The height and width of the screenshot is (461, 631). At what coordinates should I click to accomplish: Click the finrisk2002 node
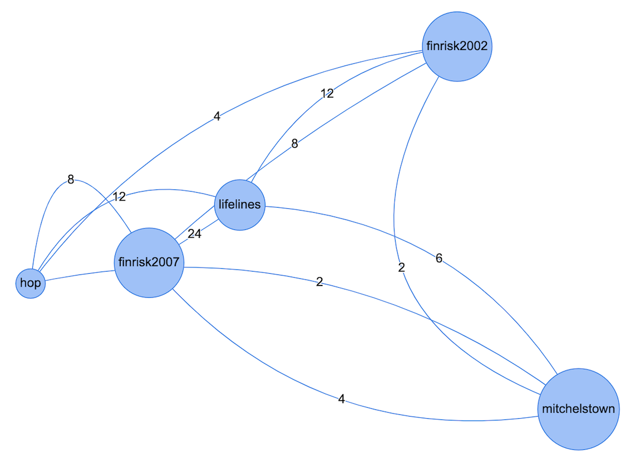coord(457,47)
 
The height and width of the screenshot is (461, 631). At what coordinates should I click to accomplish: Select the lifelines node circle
coord(239,204)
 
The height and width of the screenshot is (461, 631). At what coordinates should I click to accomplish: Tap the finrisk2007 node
coord(149,262)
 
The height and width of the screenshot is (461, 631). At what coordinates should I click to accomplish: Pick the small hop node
coord(31,283)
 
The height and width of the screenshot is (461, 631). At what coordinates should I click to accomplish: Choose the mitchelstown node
coord(578,409)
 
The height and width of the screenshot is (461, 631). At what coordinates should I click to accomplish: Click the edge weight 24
coord(194,234)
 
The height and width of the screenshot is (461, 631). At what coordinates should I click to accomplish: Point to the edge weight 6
coord(439,258)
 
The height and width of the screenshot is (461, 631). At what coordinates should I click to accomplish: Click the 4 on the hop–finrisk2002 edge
coord(216,117)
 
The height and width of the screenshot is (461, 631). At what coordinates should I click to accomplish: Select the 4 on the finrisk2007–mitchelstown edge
coord(341,399)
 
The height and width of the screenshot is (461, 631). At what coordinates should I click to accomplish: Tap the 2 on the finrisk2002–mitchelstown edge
coord(402,267)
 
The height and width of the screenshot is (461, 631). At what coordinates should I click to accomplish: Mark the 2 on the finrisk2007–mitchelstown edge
coord(319,282)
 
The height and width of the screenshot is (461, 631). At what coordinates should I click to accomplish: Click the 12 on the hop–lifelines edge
coord(119,197)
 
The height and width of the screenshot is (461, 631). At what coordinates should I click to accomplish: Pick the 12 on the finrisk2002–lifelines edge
coord(327,94)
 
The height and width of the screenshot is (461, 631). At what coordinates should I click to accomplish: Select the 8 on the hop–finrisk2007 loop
coord(71,179)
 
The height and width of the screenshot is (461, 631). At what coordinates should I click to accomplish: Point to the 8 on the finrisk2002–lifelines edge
coord(295,144)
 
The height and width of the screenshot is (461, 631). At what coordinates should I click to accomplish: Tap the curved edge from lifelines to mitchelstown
coord(501,300)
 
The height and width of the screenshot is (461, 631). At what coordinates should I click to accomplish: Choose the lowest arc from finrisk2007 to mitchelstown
coord(250,361)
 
